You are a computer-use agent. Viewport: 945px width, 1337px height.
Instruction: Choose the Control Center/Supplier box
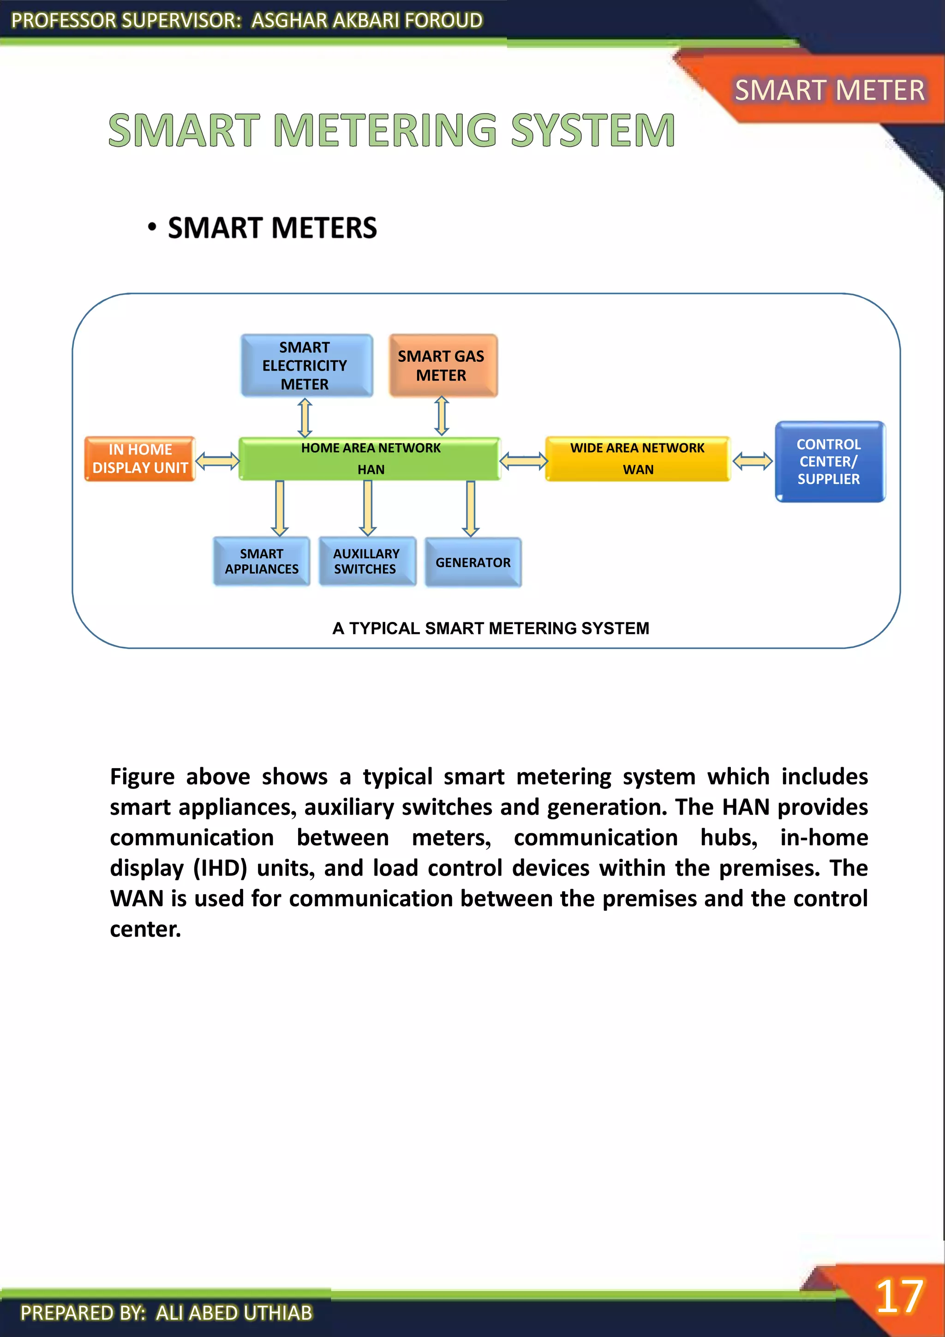[x=829, y=461]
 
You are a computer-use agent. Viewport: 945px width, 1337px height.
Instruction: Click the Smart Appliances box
[x=262, y=561]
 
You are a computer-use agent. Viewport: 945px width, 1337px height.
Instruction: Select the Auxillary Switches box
[x=367, y=561]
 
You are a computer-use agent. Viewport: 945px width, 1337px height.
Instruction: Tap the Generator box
[x=473, y=562]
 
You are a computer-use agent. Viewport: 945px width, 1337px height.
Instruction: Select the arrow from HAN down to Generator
[x=471, y=508]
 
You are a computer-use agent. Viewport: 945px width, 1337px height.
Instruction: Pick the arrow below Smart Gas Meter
[x=442, y=416]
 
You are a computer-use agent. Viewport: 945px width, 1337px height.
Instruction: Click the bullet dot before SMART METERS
[x=152, y=227]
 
